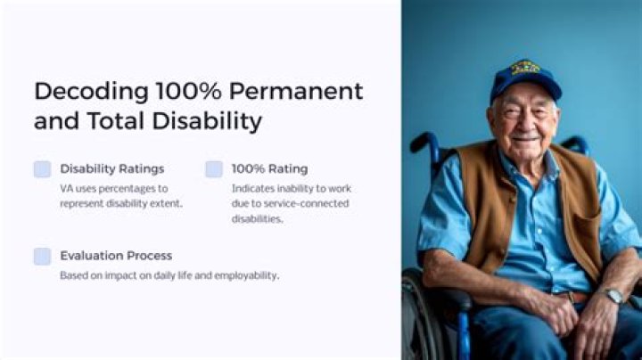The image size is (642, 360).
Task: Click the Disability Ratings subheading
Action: [x=111, y=168]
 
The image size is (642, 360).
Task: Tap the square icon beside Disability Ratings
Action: [x=42, y=169]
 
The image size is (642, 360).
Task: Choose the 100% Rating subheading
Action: [x=269, y=168]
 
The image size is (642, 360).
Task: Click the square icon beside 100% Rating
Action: [x=214, y=169]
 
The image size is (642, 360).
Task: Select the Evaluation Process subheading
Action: [x=116, y=256]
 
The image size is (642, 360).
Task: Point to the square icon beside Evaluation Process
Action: [x=42, y=257]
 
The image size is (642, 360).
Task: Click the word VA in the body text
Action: [x=67, y=188]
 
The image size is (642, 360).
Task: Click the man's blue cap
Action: [x=525, y=78]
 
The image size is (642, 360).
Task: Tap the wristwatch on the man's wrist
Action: [x=613, y=295]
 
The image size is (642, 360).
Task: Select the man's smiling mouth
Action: [x=526, y=138]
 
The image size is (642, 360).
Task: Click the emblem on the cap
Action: [x=525, y=68]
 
